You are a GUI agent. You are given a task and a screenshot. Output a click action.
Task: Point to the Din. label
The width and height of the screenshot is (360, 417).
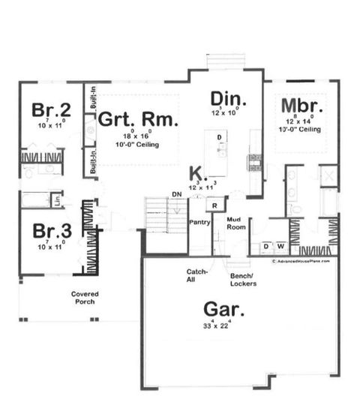[x=225, y=98]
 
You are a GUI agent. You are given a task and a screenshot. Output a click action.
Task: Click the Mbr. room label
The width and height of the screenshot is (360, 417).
[x=302, y=105]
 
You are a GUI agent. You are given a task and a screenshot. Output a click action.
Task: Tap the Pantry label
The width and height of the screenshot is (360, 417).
[x=199, y=223]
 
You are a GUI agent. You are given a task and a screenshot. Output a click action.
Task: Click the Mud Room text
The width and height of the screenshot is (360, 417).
[x=238, y=223]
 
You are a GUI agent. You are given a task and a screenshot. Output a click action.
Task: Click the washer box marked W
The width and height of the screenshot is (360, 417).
[x=280, y=245]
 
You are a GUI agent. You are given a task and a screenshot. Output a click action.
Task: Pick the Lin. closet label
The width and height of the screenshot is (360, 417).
[x=57, y=201]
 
